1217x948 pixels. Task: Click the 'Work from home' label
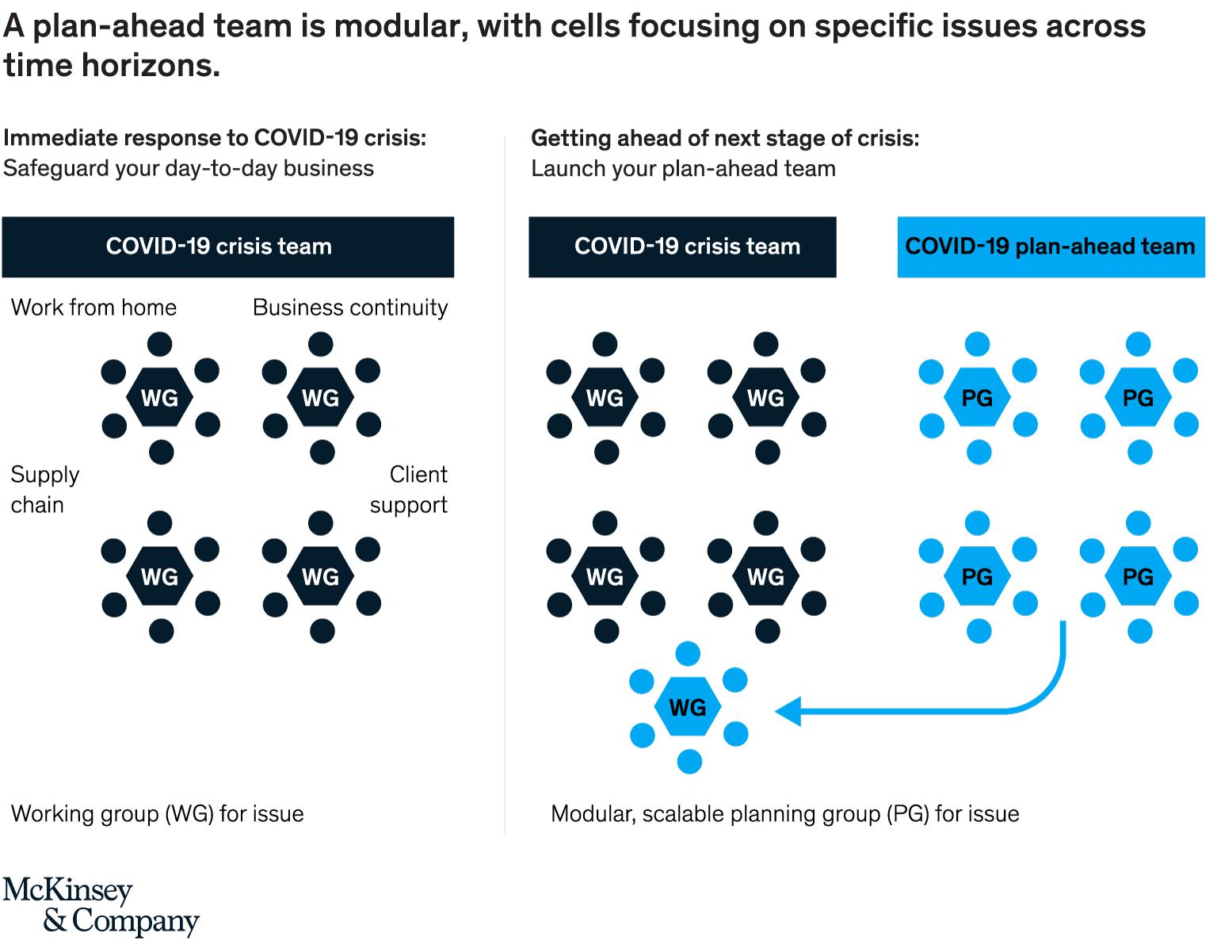93,308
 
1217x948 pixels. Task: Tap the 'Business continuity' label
350,308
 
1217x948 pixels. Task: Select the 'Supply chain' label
44,490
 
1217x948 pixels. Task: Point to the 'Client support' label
409,490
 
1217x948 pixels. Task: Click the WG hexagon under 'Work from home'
160,398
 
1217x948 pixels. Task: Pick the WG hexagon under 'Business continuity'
321,398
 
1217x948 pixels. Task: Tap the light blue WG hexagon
688,707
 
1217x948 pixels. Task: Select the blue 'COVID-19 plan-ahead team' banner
1051,247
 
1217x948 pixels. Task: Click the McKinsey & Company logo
101,906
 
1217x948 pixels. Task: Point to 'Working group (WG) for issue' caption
157,814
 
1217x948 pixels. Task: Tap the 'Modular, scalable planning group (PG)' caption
784,814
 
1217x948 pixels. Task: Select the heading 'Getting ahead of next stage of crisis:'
725,139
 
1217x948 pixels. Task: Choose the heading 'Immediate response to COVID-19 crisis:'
215,139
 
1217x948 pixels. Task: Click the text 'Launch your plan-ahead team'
683,169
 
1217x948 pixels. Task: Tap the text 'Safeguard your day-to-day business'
189,169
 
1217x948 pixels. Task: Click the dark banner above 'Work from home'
228,247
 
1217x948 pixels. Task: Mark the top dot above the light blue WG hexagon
688,653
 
